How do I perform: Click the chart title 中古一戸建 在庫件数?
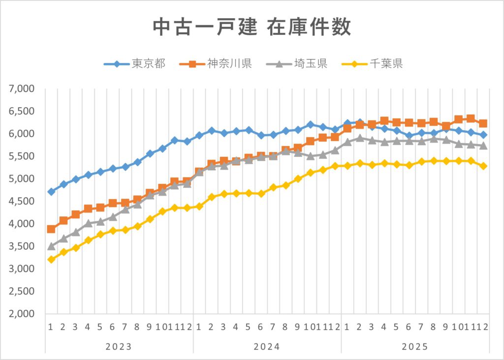point(252,27)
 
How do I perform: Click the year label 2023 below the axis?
point(119,347)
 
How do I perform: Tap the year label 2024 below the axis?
point(267,347)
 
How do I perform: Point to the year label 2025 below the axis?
point(415,347)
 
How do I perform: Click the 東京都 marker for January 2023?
point(51,192)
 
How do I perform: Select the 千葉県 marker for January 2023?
point(51,259)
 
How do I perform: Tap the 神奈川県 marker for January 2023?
point(51,229)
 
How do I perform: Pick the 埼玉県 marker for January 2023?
point(51,246)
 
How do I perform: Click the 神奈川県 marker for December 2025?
point(483,123)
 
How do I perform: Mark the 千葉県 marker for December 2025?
point(483,166)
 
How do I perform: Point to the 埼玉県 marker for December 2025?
point(483,146)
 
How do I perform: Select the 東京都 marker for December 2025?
point(483,135)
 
